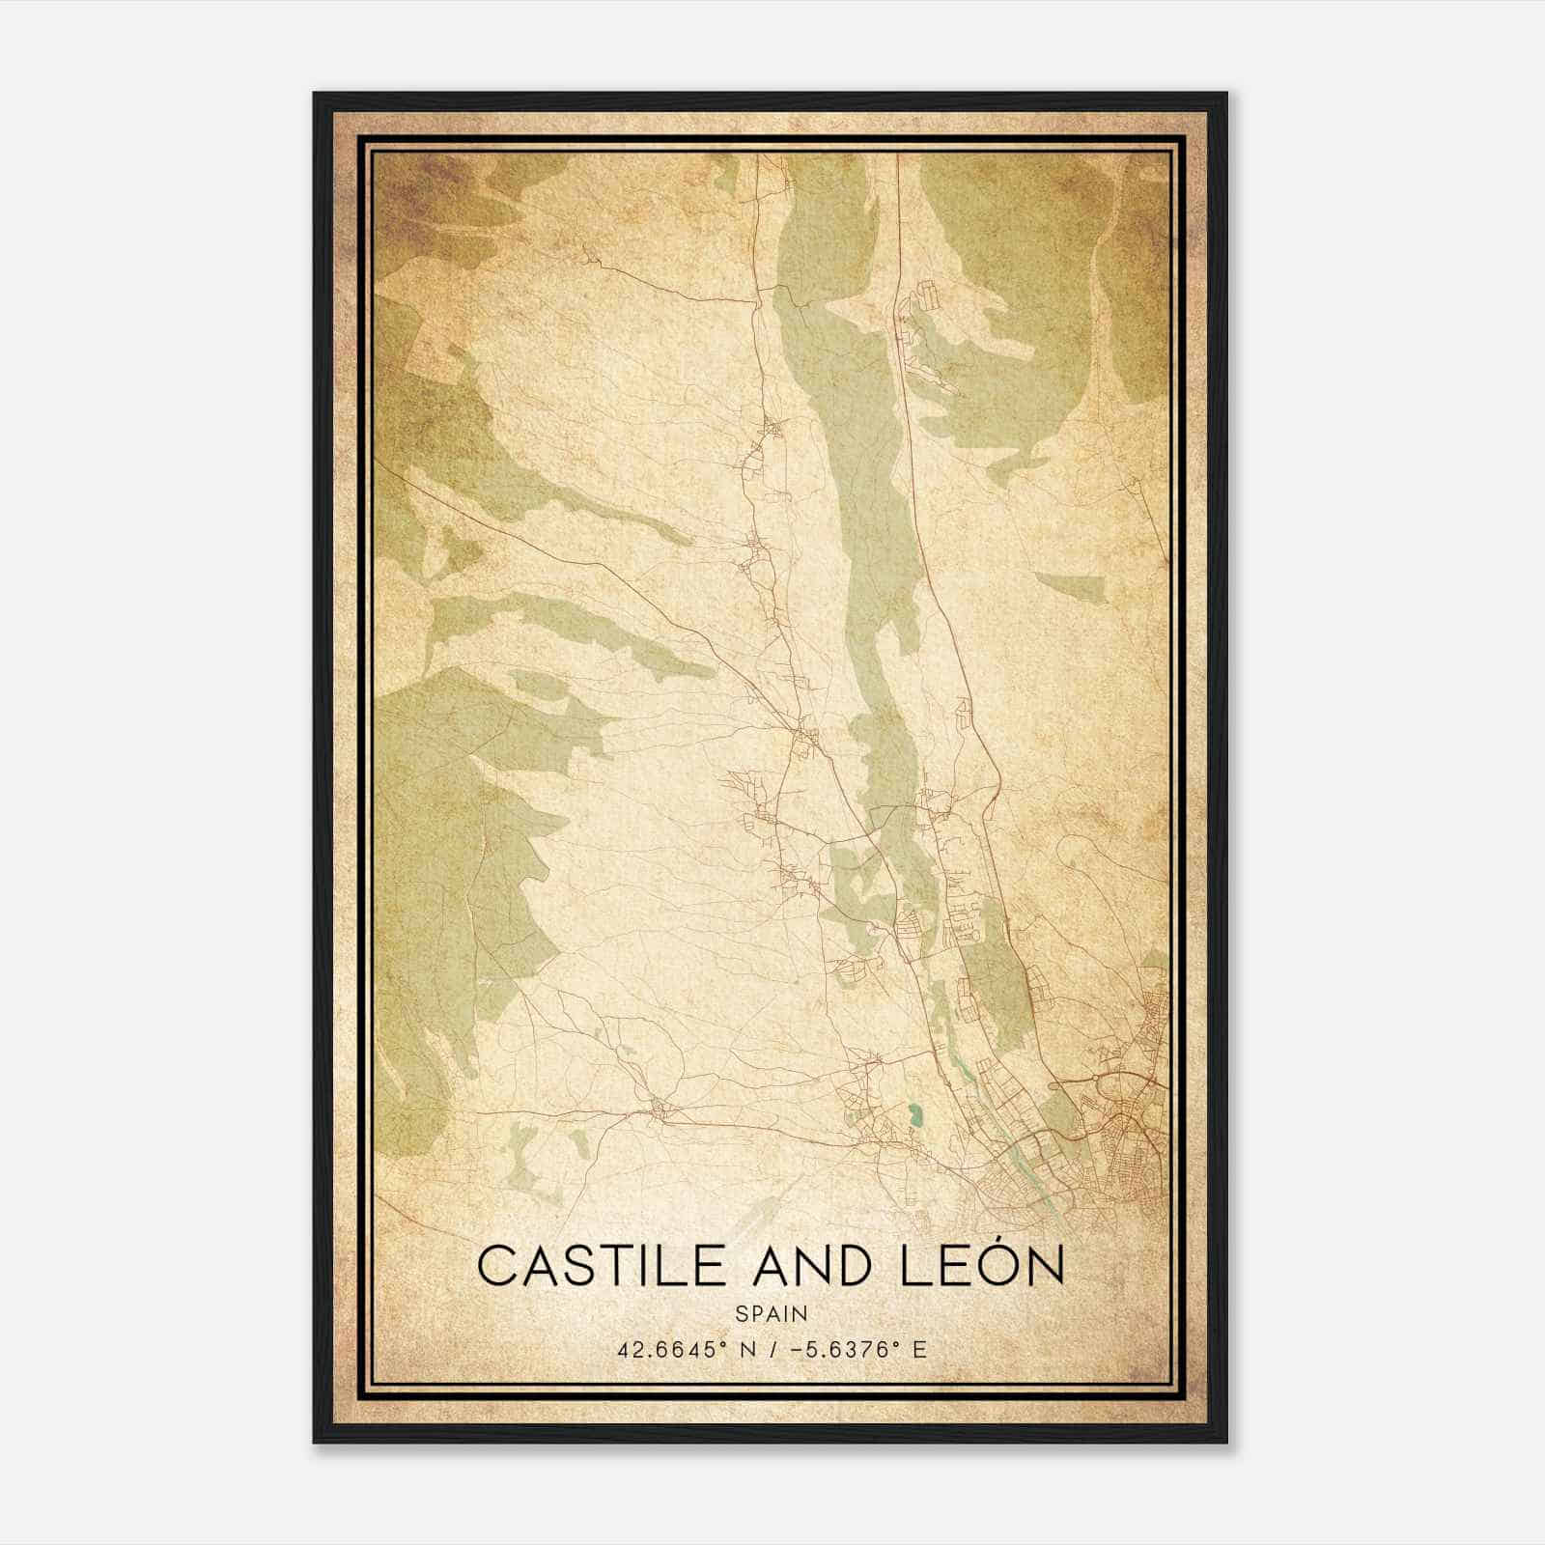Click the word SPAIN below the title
click(771, 1314)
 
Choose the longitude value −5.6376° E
click(858, 1350)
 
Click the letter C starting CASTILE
click(495, 1266)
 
